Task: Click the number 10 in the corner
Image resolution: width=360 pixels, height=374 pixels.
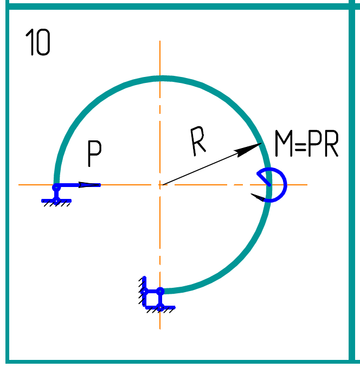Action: point(38,43)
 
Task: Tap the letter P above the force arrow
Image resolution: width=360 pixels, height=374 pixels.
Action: point(94,154)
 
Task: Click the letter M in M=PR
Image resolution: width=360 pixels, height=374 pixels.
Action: point(284,145)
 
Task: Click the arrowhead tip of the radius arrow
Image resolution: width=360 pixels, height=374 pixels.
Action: point(260,144)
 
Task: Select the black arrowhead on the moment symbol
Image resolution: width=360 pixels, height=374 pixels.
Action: point(259,197)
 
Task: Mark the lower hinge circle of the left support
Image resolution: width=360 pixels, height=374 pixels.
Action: point(56,200)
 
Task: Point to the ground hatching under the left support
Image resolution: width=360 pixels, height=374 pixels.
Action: point(57,204)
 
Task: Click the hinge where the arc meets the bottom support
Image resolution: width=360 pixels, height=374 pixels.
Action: point(160,291)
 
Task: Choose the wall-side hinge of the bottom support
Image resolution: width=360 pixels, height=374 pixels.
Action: point(144,291)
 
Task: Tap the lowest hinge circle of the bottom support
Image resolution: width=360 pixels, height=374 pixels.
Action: point(160,307)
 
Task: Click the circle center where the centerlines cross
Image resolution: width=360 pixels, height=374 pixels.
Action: point(160,185)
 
